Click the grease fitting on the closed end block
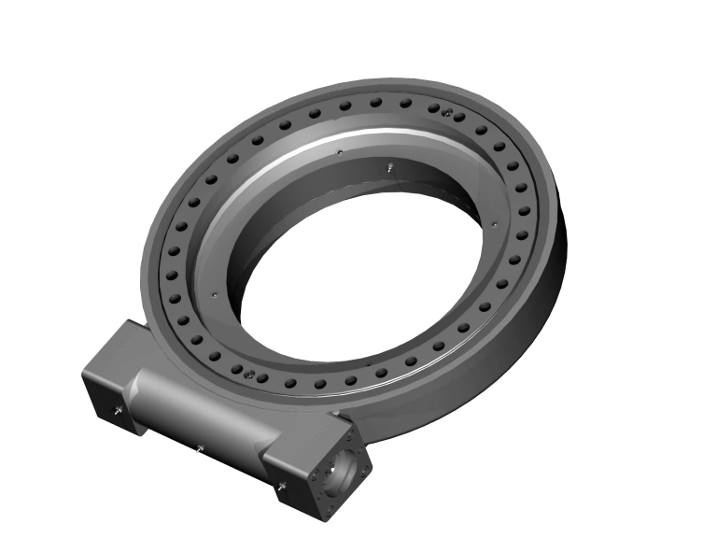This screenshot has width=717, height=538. coord(116,411)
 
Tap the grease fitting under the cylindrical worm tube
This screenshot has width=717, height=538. coord(203,449)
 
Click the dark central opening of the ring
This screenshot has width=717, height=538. coord(364,271)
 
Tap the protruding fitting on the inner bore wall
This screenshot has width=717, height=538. coord(387,168)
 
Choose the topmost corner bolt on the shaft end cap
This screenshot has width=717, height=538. coord(352,431)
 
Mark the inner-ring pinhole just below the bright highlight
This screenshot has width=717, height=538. coord(342,152)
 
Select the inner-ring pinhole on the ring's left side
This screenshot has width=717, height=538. coord(215,294)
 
